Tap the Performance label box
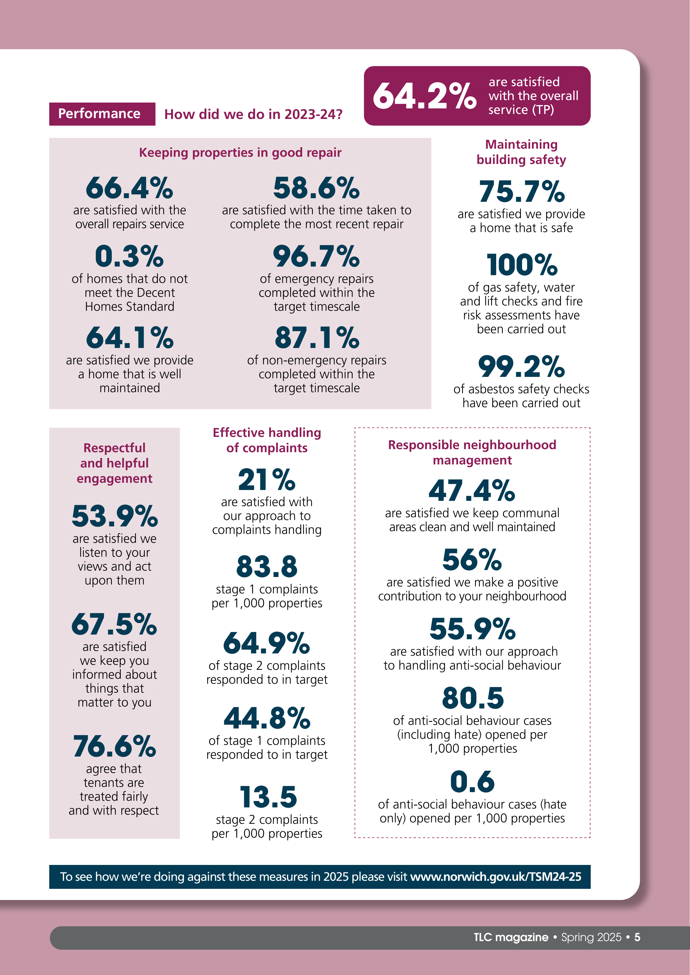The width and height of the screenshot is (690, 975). click(102, 114)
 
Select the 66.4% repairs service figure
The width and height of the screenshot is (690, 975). click(130, 188)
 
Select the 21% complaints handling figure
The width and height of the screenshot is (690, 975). click(267, 479)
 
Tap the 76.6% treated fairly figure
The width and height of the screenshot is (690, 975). click(114, 746)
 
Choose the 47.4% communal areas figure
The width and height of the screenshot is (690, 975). click(472, 491)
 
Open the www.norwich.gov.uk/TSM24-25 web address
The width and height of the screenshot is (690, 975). click(495, 877)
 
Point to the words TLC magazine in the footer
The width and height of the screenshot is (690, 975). click(511, 937)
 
